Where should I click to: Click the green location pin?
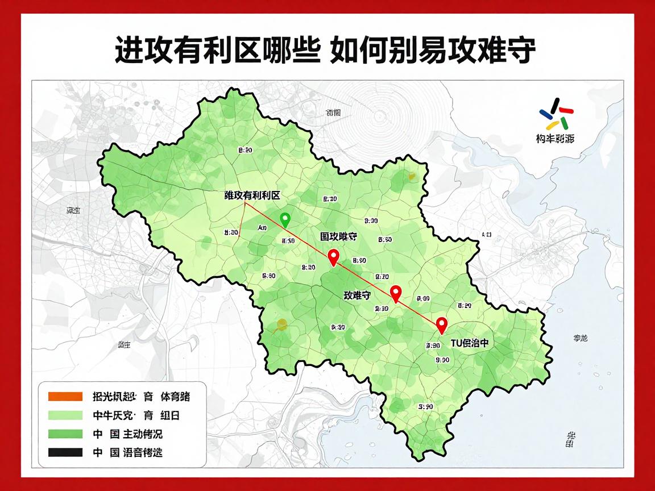point(285,219)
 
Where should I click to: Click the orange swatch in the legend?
point(65,397)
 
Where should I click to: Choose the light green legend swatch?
point(65,415)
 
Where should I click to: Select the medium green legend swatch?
point(65,434)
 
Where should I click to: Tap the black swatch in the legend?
point(65,453)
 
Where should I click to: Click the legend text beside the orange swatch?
point(141,397)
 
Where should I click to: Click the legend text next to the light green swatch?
point(136,415)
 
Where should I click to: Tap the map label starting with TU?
point(469,343)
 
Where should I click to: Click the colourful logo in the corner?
point(555,114)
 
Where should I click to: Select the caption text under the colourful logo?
point(554,138)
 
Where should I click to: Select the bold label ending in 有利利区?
point(252,195)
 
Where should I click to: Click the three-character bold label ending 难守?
point(357,296)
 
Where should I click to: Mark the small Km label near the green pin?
point(262,228)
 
